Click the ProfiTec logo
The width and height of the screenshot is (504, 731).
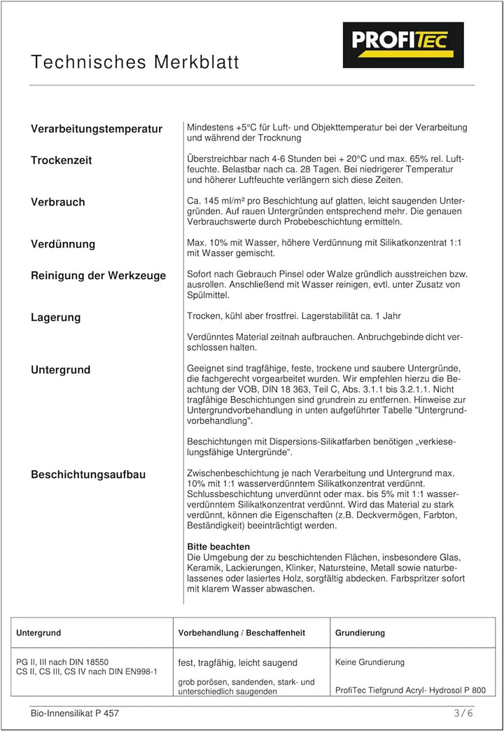pos(402,44)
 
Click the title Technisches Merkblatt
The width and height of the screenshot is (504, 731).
pos(135,62)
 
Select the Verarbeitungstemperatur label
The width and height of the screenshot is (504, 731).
pos(97,129)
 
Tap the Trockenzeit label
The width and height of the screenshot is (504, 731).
pos(62,160)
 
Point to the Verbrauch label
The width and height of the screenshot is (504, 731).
pos(58,203)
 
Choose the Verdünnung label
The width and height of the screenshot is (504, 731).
pos(63,245)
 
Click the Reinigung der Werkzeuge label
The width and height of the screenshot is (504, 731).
pos(99,275)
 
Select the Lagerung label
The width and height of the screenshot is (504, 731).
pos(56,317)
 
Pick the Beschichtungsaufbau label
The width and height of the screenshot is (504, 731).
pos(88,475)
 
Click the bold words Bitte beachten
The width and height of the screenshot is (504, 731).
pos(218,546)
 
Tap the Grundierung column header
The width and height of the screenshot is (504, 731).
pos(360,633)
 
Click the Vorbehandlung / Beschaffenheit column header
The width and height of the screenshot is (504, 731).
pos(241,633)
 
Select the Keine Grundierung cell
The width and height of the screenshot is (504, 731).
pos(370,662)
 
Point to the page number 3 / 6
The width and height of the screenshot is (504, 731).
pos(463,713)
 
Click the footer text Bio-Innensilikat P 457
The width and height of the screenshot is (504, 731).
pos(75,713)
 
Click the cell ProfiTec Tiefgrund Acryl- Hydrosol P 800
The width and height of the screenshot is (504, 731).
pos(410,690)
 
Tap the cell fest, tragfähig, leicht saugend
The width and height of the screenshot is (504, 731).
pos(238,662)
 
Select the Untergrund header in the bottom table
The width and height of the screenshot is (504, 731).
pos(38,633)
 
